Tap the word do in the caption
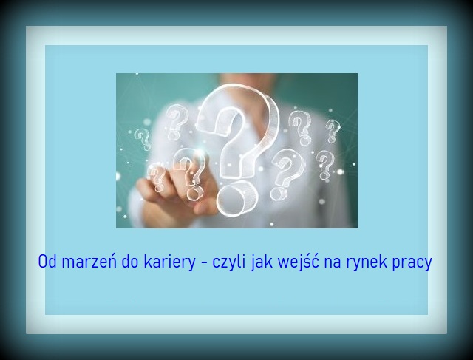(130, 262)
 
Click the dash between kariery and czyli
(204, 262)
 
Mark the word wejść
(299, 262)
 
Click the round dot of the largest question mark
(237, 199)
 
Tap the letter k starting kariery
(148, 262)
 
